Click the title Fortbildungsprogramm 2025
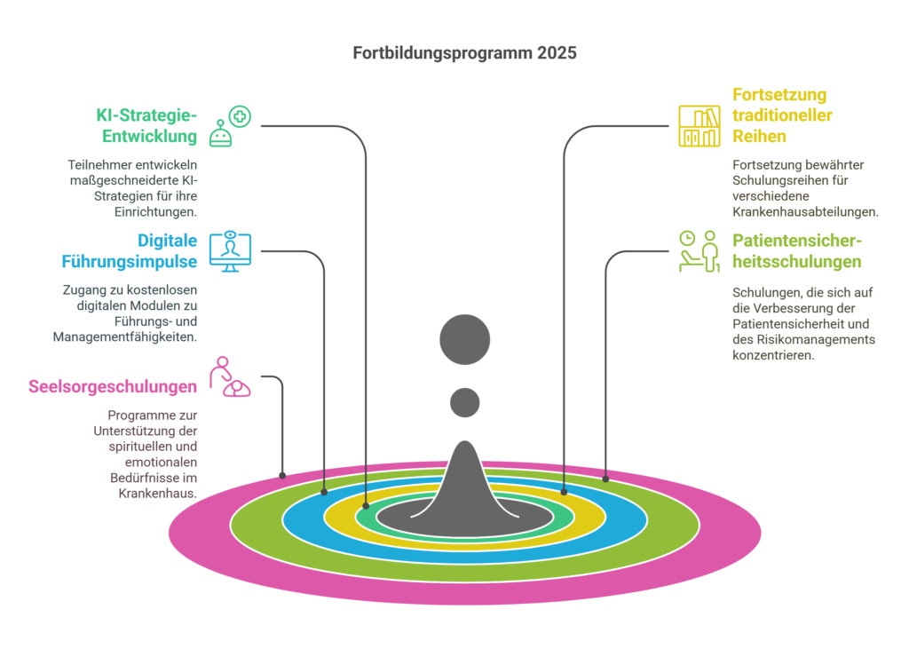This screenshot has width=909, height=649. click(464, 53)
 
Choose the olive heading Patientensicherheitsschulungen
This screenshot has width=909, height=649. click(797, 252)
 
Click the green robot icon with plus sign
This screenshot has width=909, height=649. click(230, 126)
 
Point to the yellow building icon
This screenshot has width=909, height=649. click(699, 126)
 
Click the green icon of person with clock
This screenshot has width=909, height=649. click(699, 251)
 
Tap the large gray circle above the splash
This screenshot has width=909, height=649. click(464, 339)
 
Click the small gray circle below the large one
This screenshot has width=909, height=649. click(464, 402)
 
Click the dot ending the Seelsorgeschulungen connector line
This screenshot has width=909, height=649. click(282, 475)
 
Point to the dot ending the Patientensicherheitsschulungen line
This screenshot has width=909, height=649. click(605, 479)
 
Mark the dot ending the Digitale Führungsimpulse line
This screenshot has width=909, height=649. click(324, 491)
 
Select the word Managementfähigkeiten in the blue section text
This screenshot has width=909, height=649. click(125, 337)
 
